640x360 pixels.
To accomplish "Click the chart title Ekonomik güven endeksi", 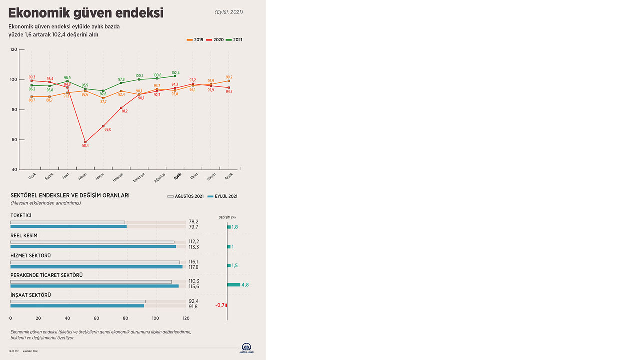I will (x=86, y=13).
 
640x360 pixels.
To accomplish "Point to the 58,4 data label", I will (x=85, y=146).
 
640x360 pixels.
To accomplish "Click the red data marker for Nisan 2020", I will (x=85, y=142).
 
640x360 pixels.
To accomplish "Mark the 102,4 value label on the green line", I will (x=175, y=73).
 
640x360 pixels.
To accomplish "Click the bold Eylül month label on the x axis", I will (x=177, y=176).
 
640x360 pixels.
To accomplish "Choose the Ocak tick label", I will (x=32, y=176).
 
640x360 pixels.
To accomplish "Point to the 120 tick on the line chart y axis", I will (x=14, y=50).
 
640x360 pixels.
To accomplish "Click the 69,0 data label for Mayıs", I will (x=107, y=130).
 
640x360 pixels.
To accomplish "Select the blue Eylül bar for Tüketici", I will (x=68, y=227).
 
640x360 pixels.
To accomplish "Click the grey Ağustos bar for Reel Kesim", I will (x=92, y=242).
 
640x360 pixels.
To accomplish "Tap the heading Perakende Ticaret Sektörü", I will (x=47, y=275).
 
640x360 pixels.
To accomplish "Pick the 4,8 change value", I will (x=245, y=285).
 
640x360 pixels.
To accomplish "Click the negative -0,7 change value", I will (x=220, y=305).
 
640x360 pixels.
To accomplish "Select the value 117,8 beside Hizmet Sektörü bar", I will (x=193, y=267).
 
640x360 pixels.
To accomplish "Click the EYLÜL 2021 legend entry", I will (x=223, y=197).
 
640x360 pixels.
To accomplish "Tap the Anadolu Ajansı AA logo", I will (x=247, y=348).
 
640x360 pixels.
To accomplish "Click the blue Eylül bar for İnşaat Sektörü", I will (x=77, y=306).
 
